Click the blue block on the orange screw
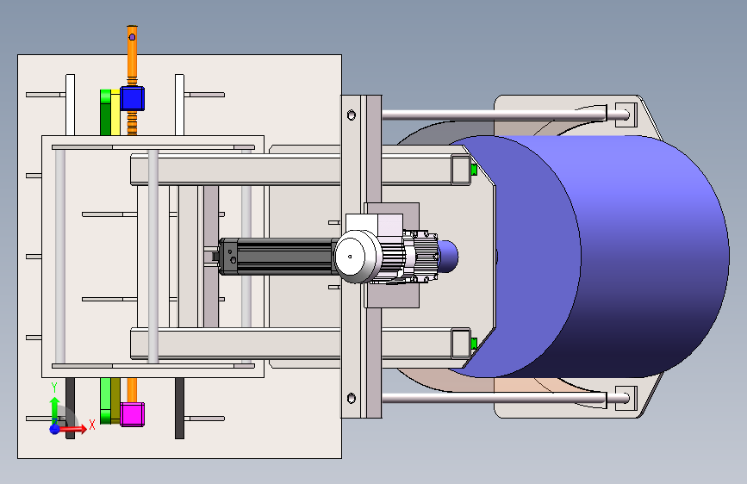132,99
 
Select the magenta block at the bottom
132,414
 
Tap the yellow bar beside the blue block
115,113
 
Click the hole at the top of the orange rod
132,37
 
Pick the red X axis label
92,425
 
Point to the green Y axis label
54,388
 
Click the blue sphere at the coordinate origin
55,429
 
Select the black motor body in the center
277,257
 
